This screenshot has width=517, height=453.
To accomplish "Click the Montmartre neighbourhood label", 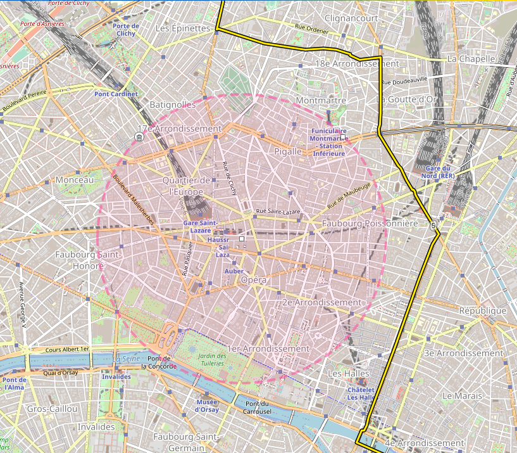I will pos(320,101).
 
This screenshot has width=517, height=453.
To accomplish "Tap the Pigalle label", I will pos(288,151).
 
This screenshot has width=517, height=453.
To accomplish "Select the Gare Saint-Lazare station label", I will pos(201,226).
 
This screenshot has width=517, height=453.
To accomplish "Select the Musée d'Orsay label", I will pos(207,405).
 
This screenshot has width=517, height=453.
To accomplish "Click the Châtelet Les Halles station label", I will pos(361,393).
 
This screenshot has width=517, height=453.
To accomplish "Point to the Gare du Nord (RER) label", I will pos(440,172).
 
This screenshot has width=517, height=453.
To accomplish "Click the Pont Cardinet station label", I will pos(116,94).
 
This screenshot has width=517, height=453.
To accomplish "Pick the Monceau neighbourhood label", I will pos(75,180).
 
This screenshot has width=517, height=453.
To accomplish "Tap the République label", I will pos(482,310).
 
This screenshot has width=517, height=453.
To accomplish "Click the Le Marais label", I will pos(463,395).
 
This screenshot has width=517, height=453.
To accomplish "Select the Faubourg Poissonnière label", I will pos(370,224).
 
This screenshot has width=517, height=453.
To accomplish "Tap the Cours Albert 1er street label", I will pos(68,349).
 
